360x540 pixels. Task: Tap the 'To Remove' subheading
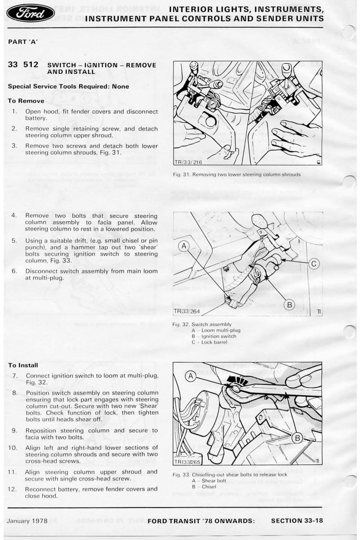click(26, 101)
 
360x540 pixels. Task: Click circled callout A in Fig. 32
click(184, 246)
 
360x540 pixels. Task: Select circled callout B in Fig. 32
click(289, 305)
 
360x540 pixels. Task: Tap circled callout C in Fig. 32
click(314, 264)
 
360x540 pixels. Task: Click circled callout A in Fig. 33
click(190, 375)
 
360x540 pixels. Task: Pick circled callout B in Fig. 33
click(297, 437)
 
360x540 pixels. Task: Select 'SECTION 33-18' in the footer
click(297, 521)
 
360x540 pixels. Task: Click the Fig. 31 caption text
click(237, 175)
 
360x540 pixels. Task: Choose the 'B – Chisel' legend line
click(204, 486)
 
